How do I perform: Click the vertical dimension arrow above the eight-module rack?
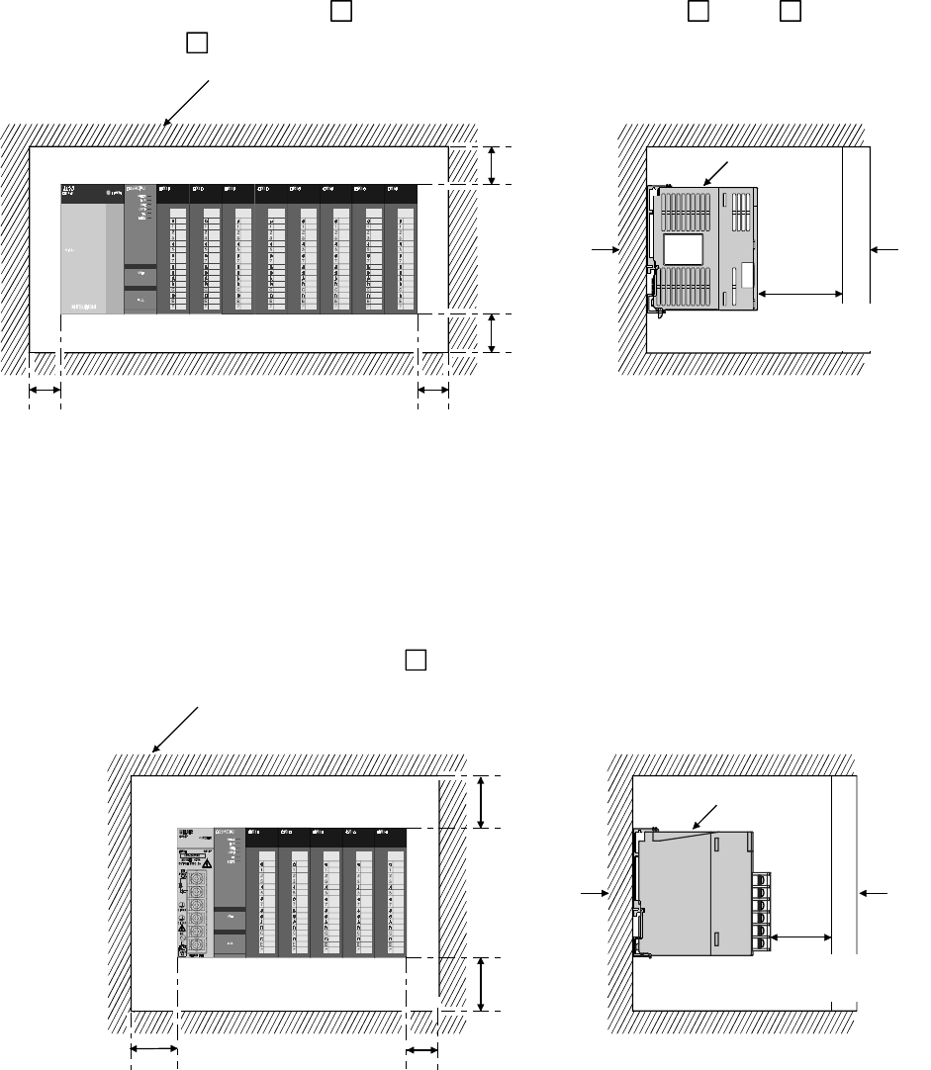pos(492,165)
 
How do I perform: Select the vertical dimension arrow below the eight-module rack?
pos(492,333)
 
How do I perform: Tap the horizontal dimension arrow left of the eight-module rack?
pos(44,392)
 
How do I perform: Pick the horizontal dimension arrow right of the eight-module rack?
pos(433,392)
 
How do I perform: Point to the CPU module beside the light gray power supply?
pos(140,249)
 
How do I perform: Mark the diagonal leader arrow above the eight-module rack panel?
pos(188,102)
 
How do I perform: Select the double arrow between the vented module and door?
pos(800,294)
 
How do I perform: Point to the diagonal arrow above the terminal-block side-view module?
pos(706,816)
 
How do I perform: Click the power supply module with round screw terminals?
pos(194,892)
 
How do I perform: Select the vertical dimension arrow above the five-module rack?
pos(481,802)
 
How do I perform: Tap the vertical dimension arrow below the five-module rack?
pos(481,984)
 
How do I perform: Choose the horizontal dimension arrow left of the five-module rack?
pos(153,1050)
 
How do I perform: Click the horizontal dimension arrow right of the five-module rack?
pos(421,1050)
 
